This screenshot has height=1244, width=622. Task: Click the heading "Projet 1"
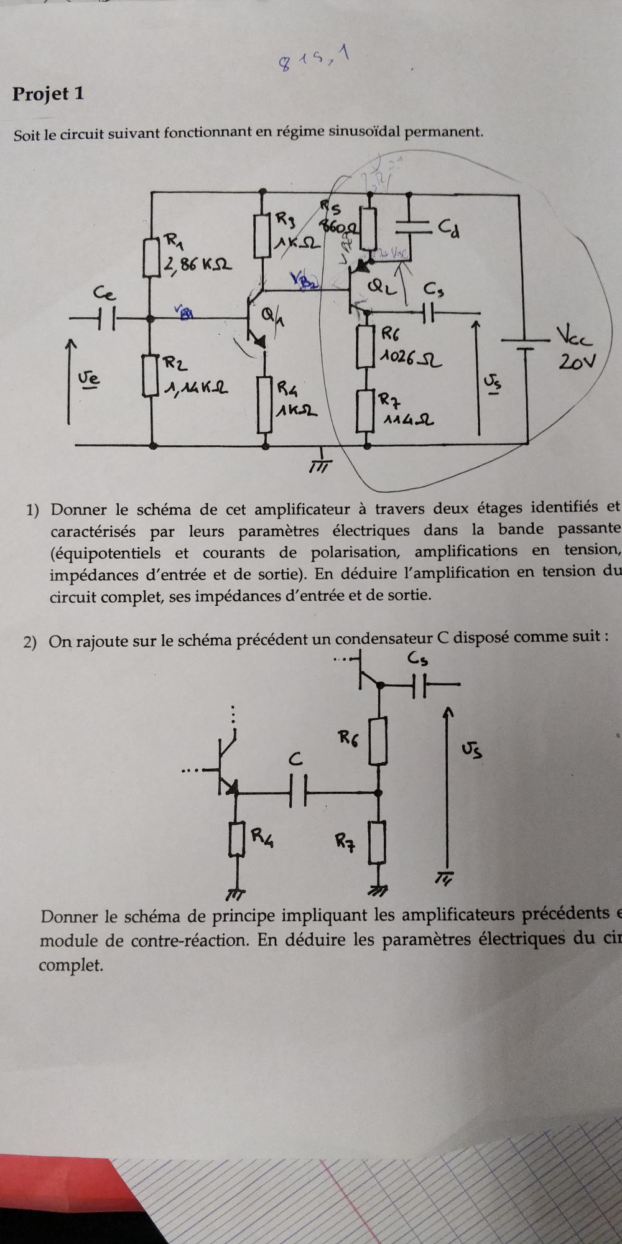(48, 94)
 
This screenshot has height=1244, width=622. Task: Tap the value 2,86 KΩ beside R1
(197, 265)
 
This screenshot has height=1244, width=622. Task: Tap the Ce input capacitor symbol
(104, 318)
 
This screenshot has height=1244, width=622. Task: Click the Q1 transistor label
(269, 317)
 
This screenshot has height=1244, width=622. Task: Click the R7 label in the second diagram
(345, 842)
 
